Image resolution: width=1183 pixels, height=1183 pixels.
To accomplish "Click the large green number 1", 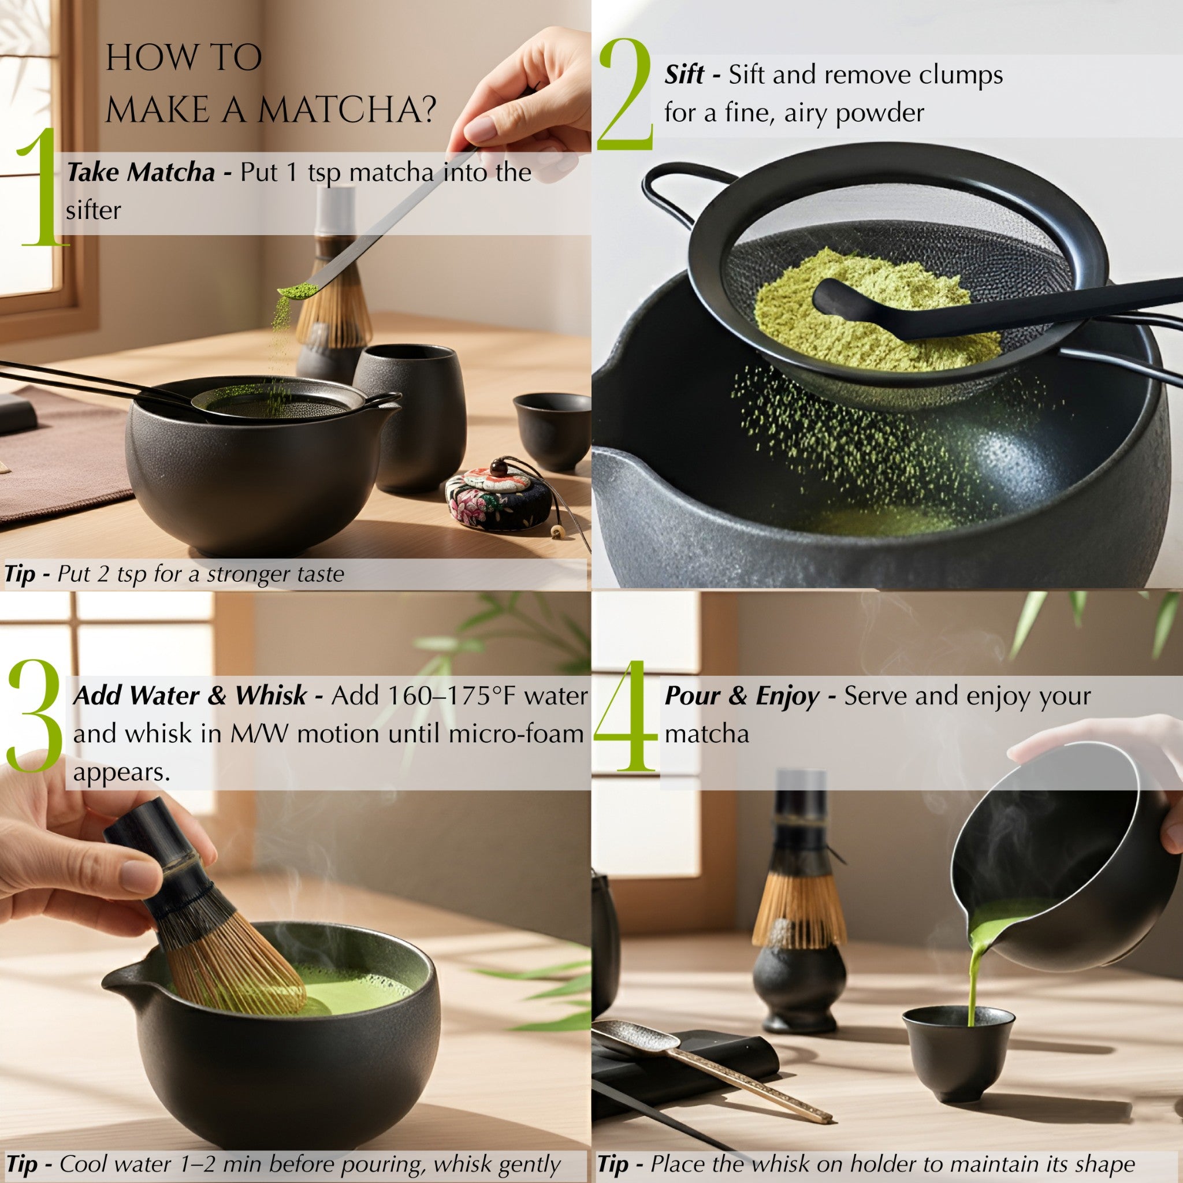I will (40, 190).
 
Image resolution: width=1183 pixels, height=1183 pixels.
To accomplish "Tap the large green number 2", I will (624, 95).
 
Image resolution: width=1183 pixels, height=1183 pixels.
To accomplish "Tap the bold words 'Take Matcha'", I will (141, 173).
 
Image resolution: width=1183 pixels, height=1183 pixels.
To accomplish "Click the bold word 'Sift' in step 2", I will (684, 75).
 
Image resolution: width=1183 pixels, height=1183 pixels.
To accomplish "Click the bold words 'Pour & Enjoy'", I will (742, 696).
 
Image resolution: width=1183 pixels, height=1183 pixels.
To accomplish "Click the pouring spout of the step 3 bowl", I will (120, 980).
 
